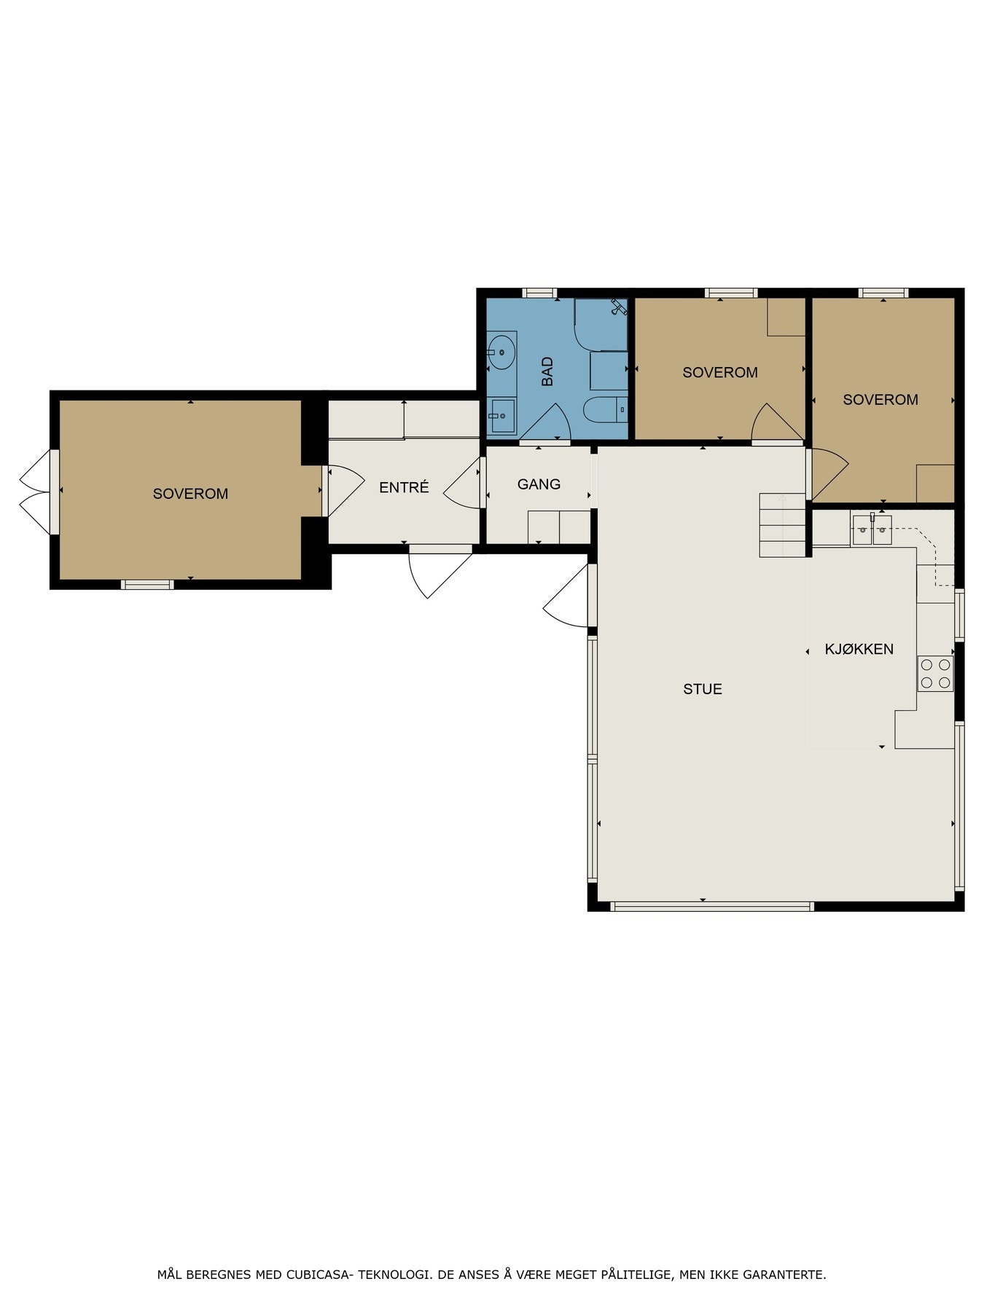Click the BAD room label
[547, 371]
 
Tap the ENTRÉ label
[404, 487]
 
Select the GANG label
[539, 484]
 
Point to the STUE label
[703, 689]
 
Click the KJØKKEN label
[859, 649]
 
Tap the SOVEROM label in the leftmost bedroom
[190, 494]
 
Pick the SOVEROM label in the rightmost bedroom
[880, 399]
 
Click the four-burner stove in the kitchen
[936, 673]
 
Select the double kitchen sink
[872, 529]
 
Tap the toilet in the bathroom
[606, 409]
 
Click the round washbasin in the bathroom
[501, 352]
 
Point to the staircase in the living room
[783, 525]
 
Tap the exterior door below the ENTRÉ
[440, 572]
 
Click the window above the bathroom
[540, 293]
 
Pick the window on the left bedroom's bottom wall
[147, 584]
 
